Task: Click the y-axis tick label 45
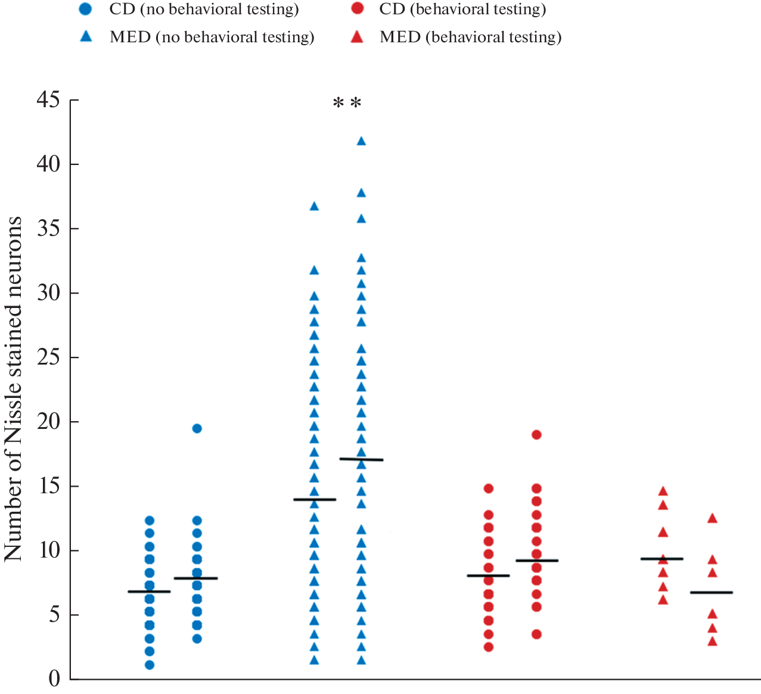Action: pyautogui.click(x=48, y=100)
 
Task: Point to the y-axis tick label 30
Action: pyautogui.click(x=48, y=293)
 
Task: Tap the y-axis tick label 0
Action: pyautogui.click(x=54, y=679)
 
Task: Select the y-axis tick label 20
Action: pyautogui.click(x=48, y=422)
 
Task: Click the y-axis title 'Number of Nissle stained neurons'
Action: pyautogui.click(x=13, y=388)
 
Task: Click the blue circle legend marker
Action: pyautogui.click(x=86, y=9)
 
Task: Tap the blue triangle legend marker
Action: pyautogui.click(x=86, y=36)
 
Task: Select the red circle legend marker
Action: pyautogui.click(x=357, y=9)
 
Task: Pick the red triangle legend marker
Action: pyautogui.click(x=357, y=36)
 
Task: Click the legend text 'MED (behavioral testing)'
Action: pyautogui.click(x=471, y=37)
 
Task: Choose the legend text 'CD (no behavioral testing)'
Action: pyautogui.click(x=204, y=10)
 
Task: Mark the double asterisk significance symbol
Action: pyautogui.click(x=347, y=104)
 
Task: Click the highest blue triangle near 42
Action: pyautogui.click(x=361, y=141)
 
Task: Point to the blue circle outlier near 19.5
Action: pyautogui.click(x=197, y=428)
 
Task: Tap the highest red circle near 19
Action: pyautogui.click(x=536, y=435)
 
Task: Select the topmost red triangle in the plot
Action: pyautogui.click(x=663, y=491)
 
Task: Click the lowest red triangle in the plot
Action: pyautogui.click(x=712, y=642)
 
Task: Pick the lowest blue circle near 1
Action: pyautogui.click(x=150, y=665)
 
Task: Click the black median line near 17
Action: pyautogui.click(x=361, y=459)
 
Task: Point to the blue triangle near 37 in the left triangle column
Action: pyautogui.click(x=314, y=207)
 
